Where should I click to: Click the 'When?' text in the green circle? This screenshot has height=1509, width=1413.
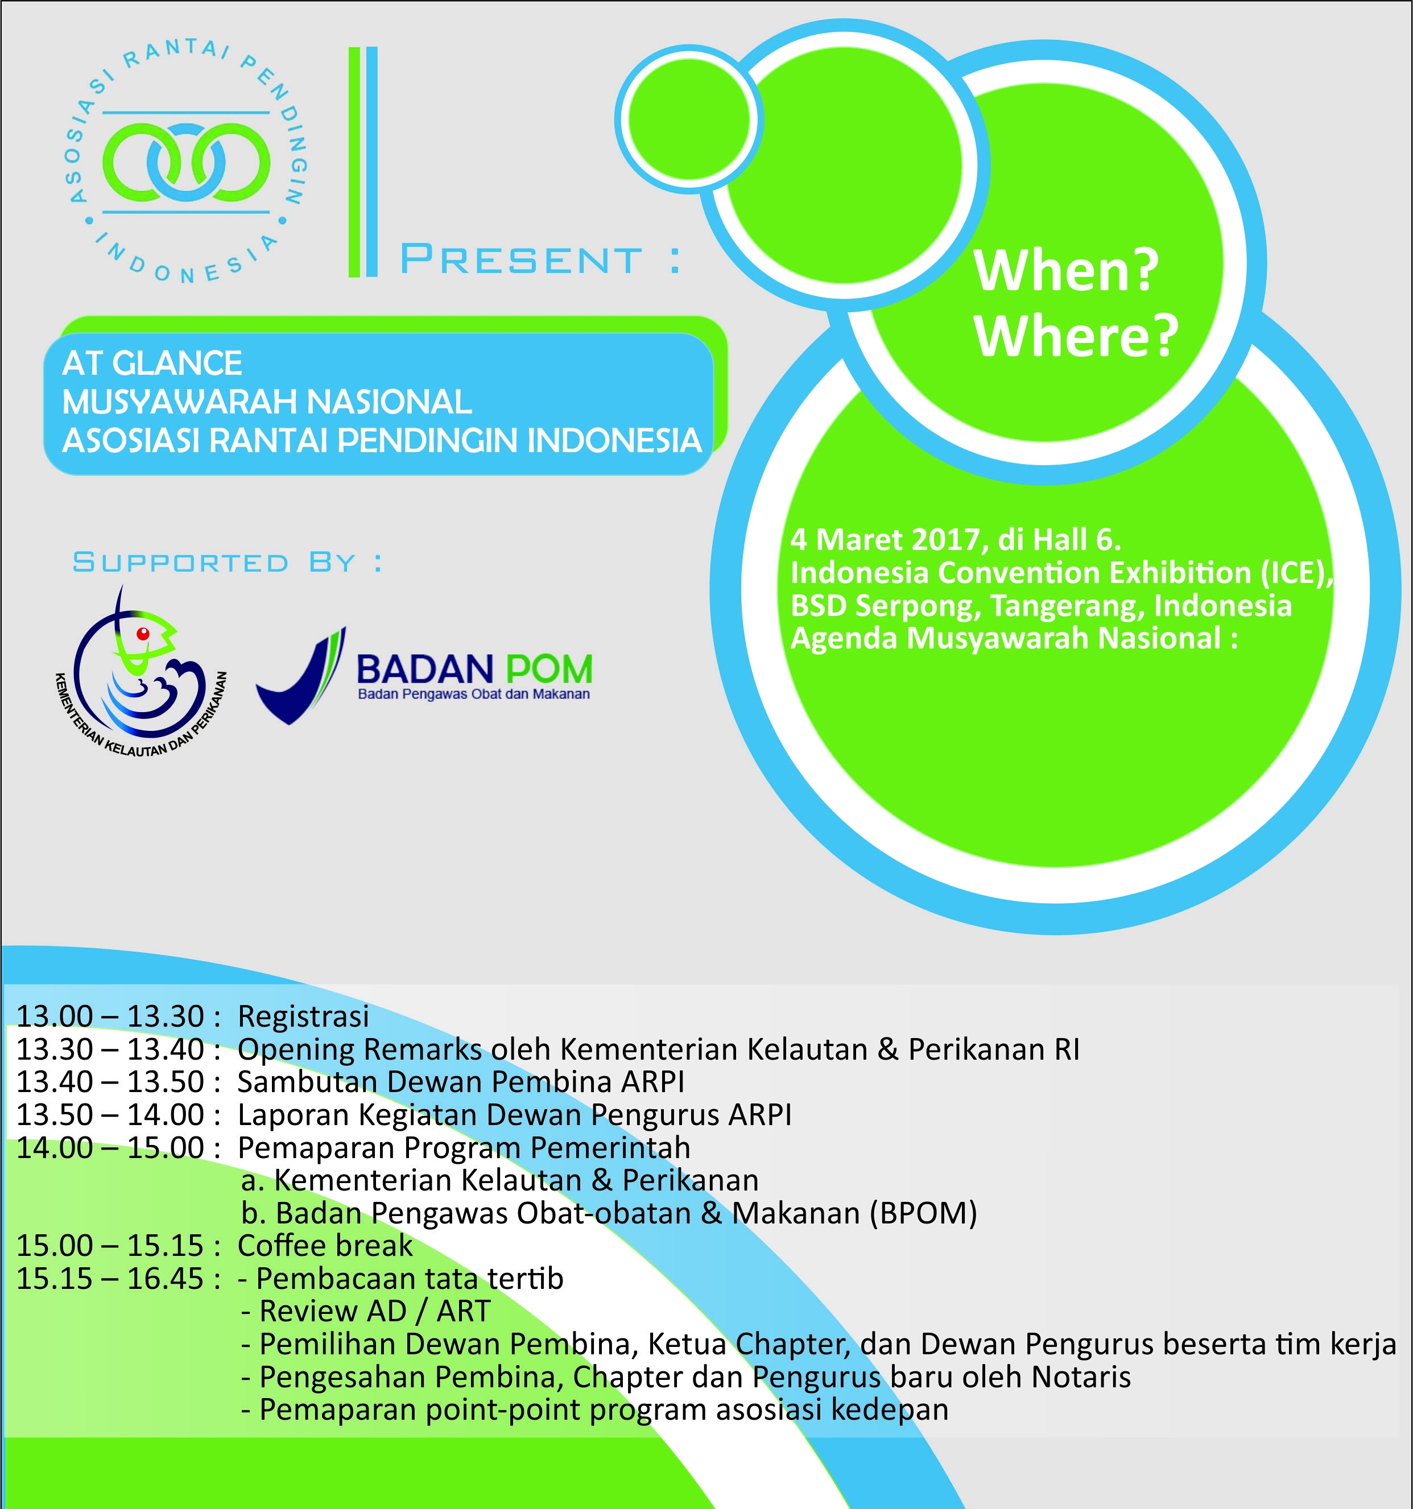click(1066, 270)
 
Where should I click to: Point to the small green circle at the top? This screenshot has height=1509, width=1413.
click(689, 119)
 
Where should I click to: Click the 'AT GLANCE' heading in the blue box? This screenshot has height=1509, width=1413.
click(152, 363)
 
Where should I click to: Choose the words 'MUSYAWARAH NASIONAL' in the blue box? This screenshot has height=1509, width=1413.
click(267, 402)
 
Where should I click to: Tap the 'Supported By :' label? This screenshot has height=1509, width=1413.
click(227, 563)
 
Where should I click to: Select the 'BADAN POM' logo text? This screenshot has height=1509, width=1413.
click(474, 669)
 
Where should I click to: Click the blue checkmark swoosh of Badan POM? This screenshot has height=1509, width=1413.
click(301, 676)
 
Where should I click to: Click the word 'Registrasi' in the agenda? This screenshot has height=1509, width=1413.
click(303, 1017)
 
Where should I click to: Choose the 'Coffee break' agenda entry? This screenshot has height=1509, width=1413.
click(325, 1246)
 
